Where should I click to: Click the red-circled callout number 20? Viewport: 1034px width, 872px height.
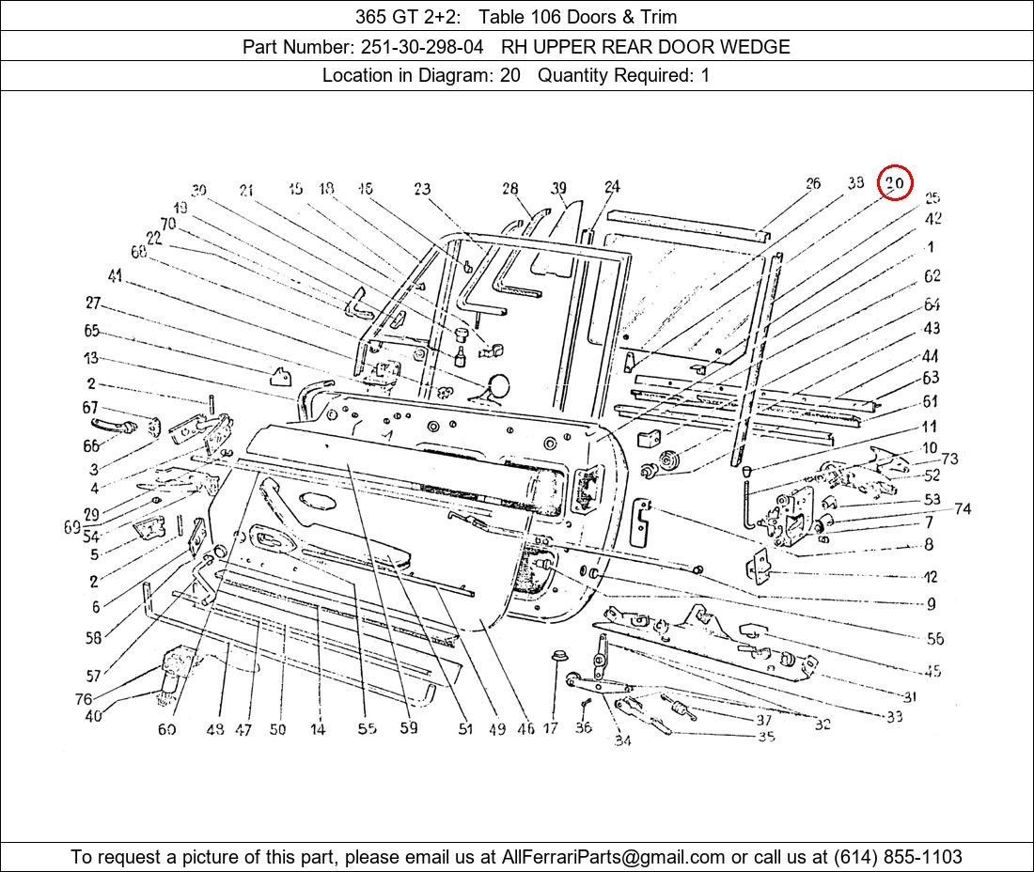click(895, 182)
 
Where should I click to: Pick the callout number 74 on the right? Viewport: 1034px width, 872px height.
click(962, 509)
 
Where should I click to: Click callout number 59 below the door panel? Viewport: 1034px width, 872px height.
click(408, 727)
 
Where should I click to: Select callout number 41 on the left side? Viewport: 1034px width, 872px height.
click(116, 276)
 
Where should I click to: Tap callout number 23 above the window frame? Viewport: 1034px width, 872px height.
click(421, 190)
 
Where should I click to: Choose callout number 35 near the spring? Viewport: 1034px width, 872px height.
click(766, 737)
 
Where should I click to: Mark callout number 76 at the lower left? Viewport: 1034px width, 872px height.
click(84, 699)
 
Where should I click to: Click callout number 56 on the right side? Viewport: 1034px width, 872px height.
click(934, 639)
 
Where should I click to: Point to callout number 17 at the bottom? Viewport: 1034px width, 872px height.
click(551, 728)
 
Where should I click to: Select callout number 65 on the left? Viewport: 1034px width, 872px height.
click(91, 331)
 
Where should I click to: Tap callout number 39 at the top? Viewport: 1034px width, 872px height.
click(559, 189)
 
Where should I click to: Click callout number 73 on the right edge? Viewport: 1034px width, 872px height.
click(949, 459)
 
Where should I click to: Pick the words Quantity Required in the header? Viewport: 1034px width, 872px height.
click(615, 75)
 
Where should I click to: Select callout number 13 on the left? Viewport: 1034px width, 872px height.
click(90, 358)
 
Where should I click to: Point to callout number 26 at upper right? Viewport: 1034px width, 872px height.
click(813, 184)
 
